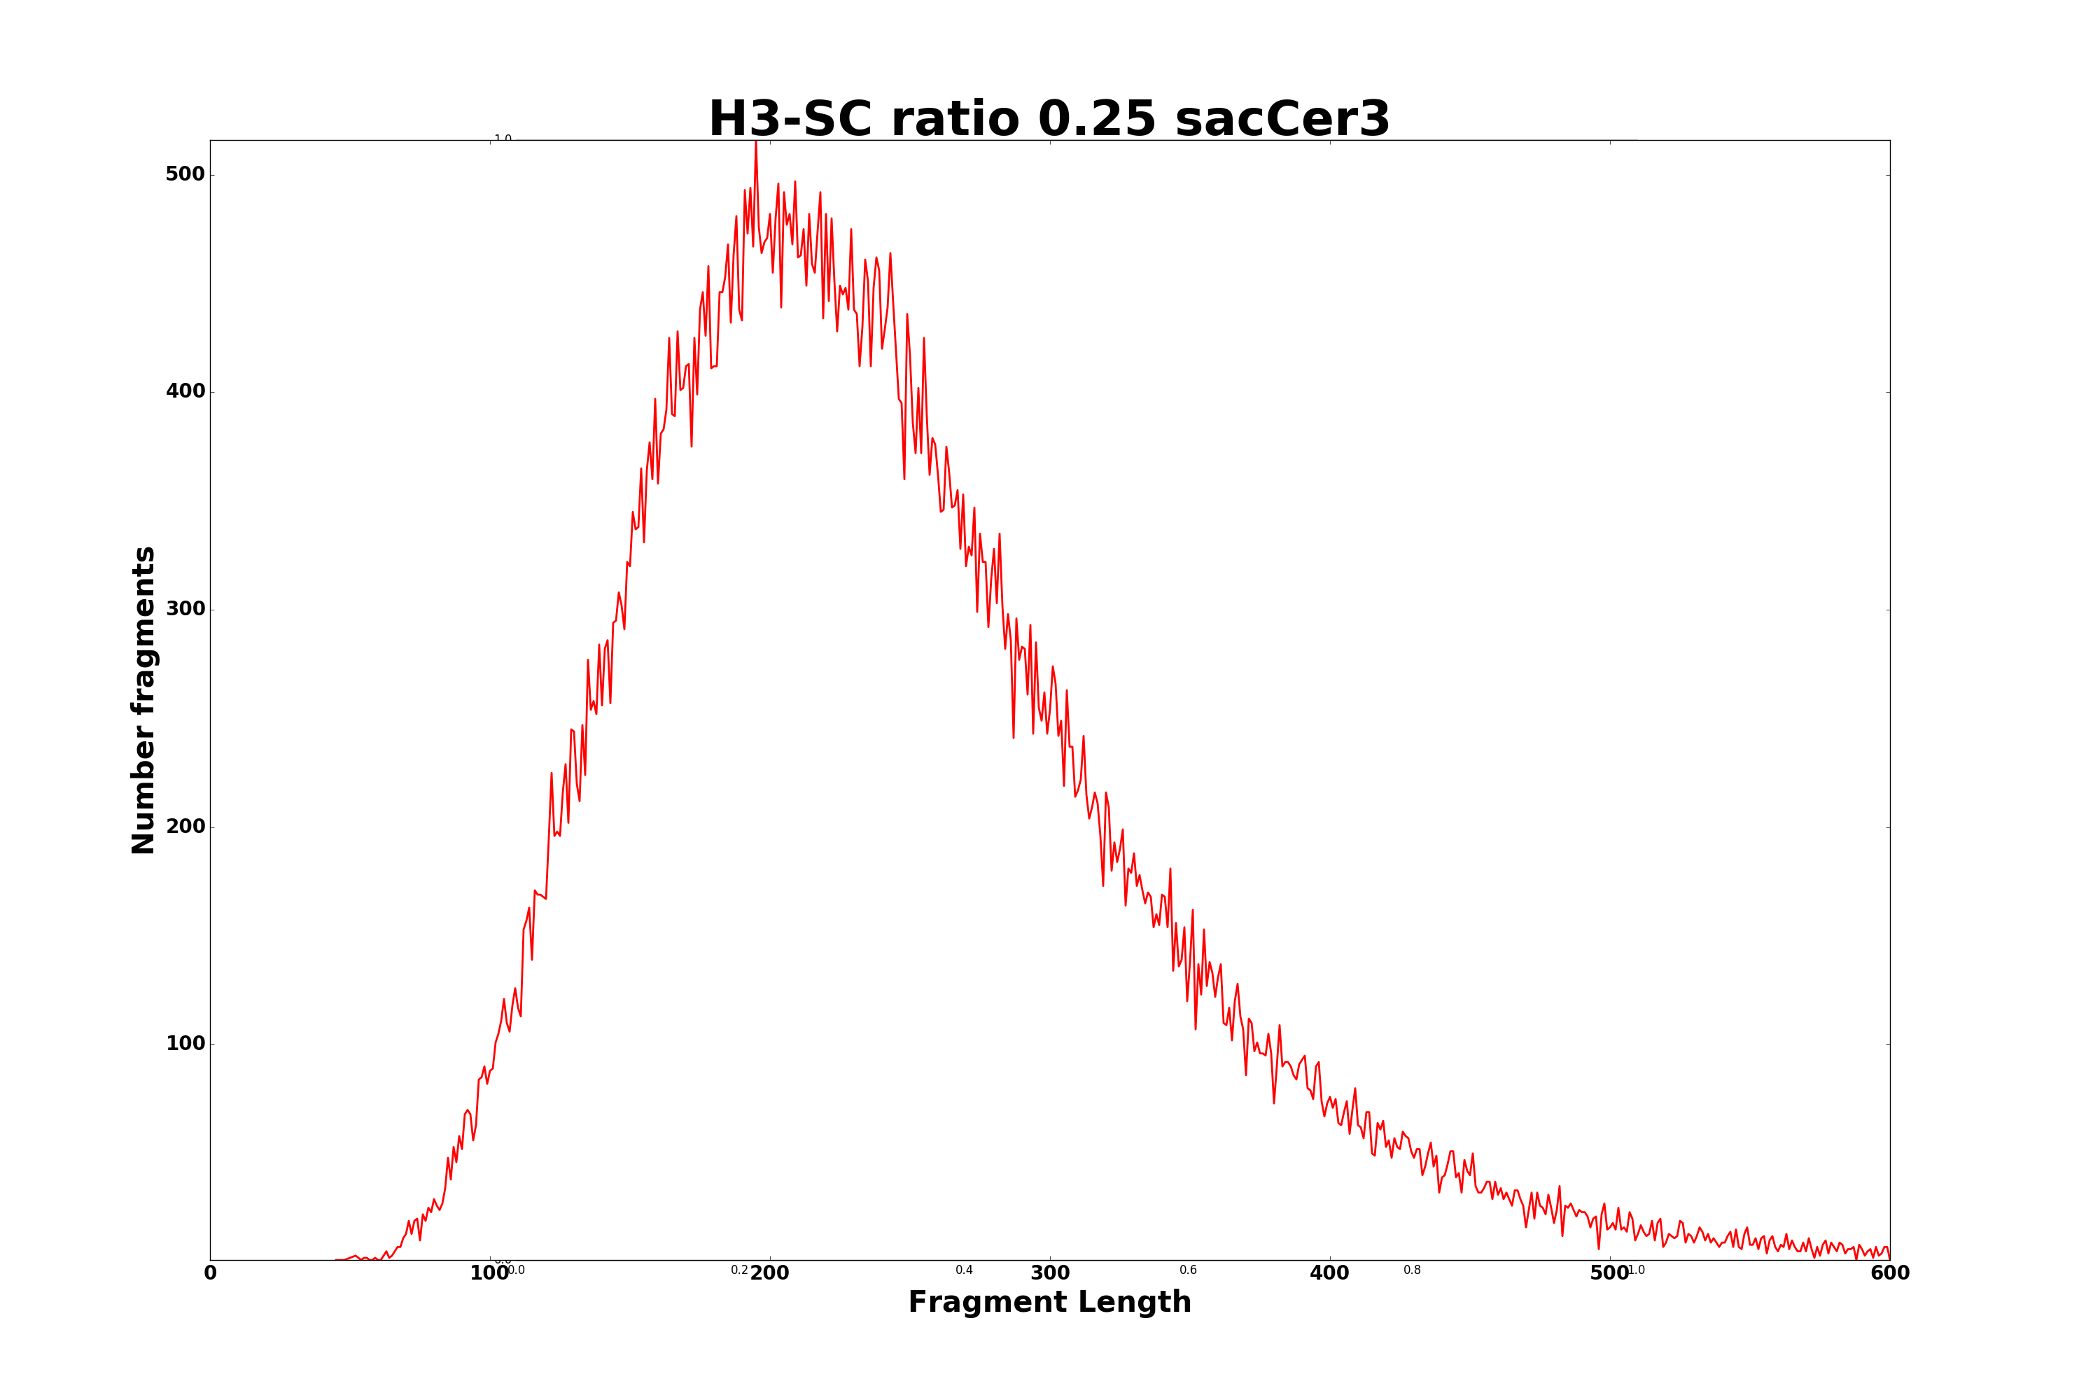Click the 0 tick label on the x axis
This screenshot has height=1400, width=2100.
tap(211, 1274)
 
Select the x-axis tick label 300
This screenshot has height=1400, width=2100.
tap(1050, 1274)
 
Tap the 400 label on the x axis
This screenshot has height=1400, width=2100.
tap(1329, 1274)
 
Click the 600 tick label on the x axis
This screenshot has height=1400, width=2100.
tap(1889, 1274)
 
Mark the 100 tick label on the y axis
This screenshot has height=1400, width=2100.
tap(185, 1044)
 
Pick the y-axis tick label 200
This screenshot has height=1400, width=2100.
tap(185, 827)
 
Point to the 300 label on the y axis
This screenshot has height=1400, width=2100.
tap(185, 609)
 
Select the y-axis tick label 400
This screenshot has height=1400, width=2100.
tap(185, 391)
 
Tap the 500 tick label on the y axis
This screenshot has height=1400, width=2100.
tap(185, 174)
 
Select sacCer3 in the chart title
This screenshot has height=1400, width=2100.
tap(1282, 120)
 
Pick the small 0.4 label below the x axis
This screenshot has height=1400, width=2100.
tap(965, 1270)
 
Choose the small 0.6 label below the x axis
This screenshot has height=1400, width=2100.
tap(1189, 1270)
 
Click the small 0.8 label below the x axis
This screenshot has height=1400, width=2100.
tap(1413, 1270)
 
